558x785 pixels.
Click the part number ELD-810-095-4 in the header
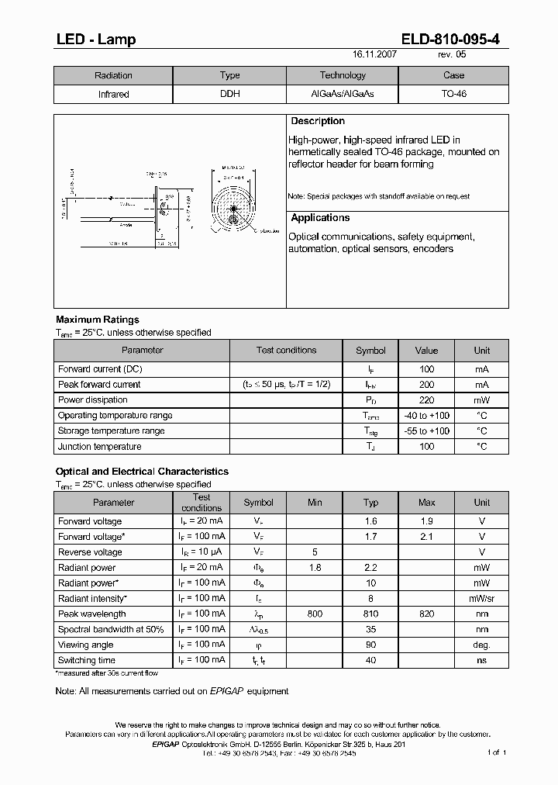tap(456, 40)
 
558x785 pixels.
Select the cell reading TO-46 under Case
tap(453, 94)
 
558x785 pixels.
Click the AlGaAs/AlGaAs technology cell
tap(342, 94)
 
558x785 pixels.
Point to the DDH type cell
tap(229, 94)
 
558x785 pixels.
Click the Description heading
tap(318, 122)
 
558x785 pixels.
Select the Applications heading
tap(320, 219)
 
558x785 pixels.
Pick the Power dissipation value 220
tap(426, 400)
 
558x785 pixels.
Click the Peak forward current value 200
tap(426, 385)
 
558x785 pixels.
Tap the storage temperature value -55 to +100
tap(426, 431)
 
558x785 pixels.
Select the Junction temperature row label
tap(99, 447)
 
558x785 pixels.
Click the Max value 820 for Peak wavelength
tap(426, 614)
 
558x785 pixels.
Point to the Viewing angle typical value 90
tap(370, 645)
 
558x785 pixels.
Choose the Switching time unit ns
tap(481, 661)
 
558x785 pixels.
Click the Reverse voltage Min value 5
tap(314, 552)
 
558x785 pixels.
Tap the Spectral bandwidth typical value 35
tap(370, 630)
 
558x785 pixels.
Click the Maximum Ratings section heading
tap(98, 320)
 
